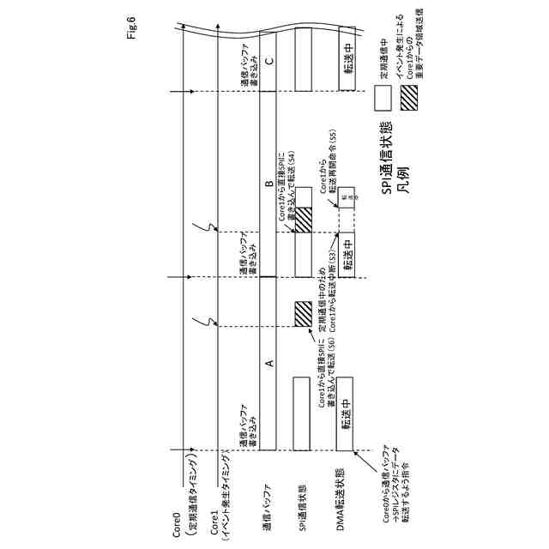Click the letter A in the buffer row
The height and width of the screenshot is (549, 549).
(268, 363)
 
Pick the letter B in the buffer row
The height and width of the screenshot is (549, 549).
(268, 184)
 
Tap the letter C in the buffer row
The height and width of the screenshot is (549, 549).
(268, 60)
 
